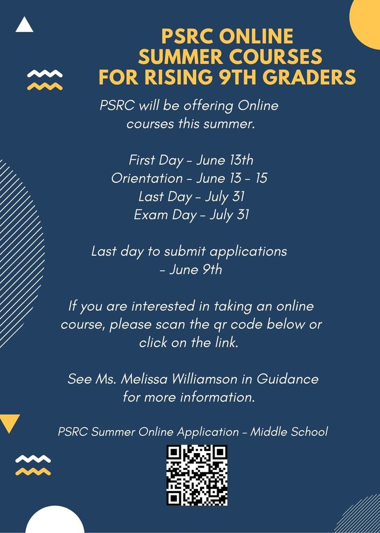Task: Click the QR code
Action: [197, 475]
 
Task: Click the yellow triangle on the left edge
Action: [9, 422]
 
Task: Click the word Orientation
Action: [146, 178]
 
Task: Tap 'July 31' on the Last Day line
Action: [227, 197]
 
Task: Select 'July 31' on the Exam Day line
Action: [229, 215]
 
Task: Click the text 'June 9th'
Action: [195, 270]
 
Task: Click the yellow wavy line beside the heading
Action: [45, 86]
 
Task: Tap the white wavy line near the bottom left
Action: [33, 458]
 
